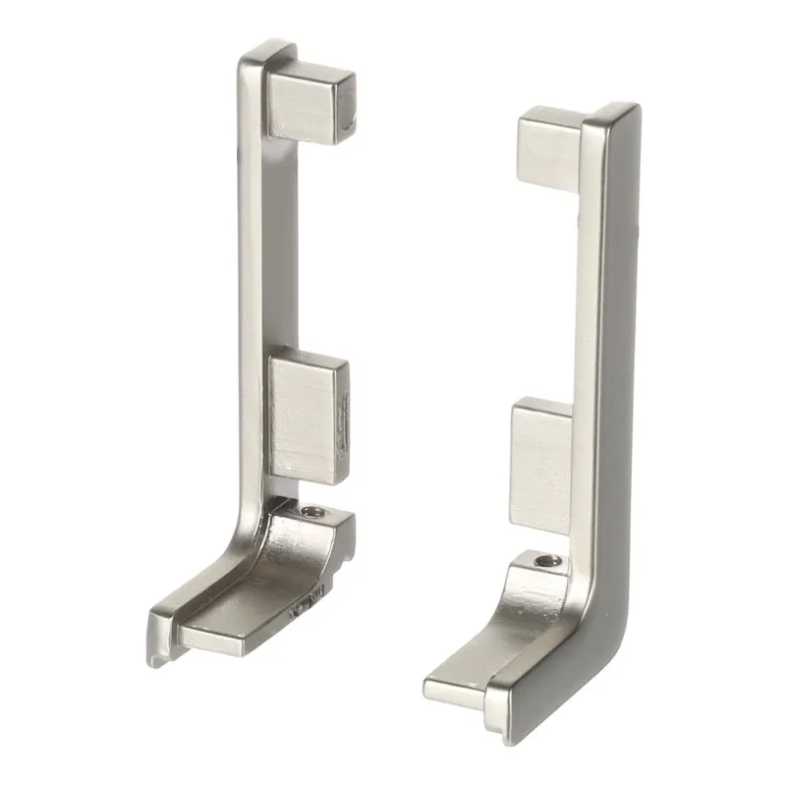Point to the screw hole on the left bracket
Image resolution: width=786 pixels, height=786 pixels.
coord(312,513)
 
